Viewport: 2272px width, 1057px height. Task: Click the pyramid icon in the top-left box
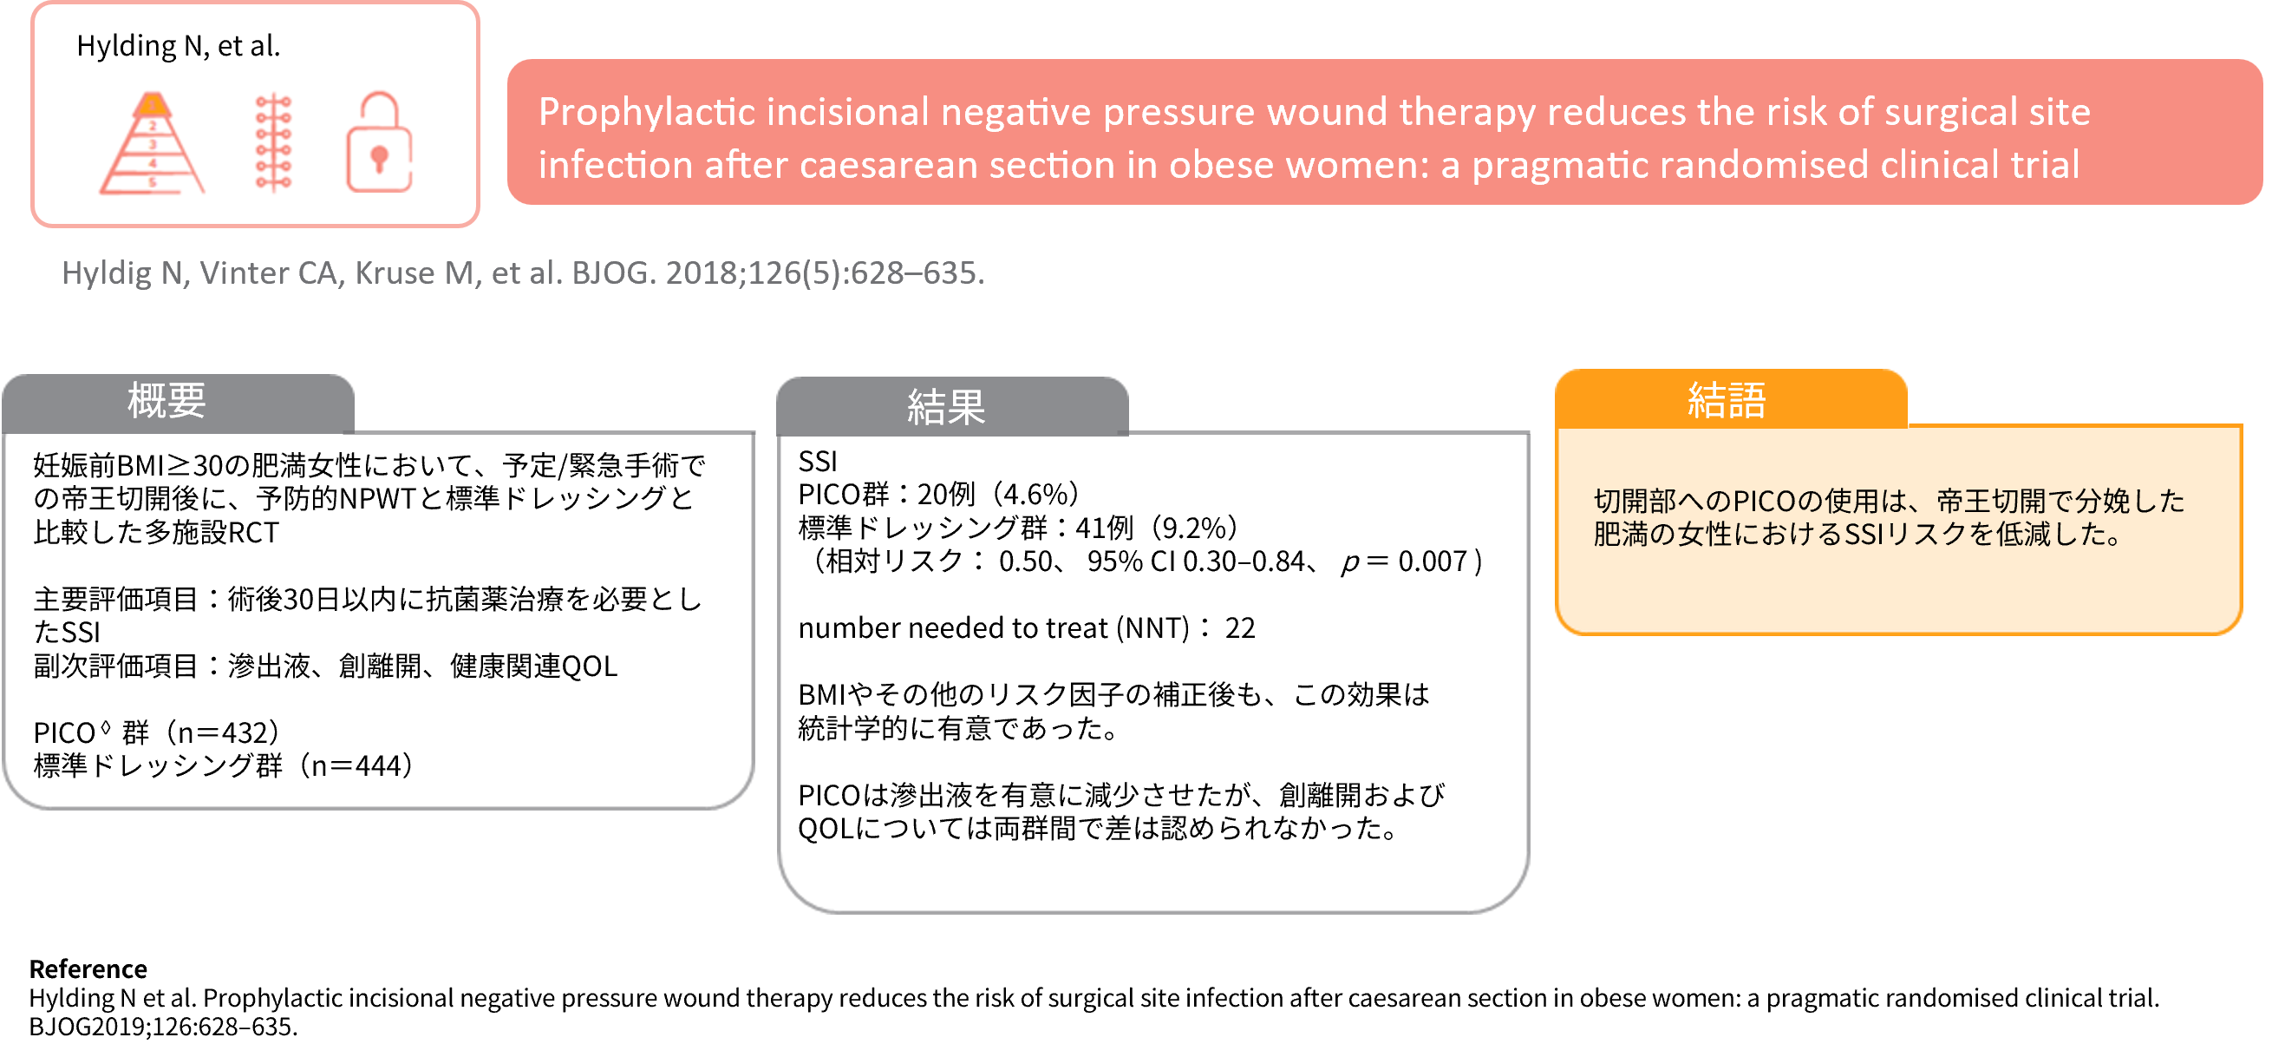152,143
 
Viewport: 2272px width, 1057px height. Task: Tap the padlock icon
379,142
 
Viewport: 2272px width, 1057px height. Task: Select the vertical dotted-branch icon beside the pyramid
273,142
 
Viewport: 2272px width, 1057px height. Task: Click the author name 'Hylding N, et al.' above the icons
178,46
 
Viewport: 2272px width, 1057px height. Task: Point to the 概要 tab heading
166,402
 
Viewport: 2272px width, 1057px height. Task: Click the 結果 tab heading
946,408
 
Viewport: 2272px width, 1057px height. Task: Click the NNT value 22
1239,628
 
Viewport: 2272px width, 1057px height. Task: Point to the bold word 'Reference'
88,969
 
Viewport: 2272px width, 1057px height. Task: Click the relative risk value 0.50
1026,561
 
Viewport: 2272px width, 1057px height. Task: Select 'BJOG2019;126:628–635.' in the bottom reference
163,1027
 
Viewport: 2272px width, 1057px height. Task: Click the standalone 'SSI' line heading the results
818,462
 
